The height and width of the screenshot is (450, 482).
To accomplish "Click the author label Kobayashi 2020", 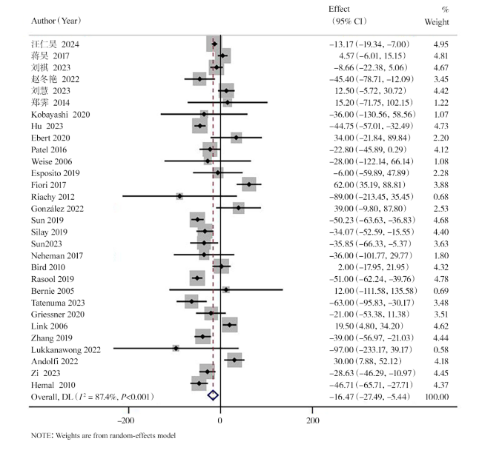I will tap(61, 115).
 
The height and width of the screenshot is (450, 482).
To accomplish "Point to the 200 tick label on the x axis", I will tap(313, 420).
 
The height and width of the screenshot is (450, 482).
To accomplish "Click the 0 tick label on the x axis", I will tap(220, 420).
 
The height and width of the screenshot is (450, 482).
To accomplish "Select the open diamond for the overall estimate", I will tap(213, 396).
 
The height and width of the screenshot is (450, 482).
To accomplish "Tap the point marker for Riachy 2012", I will tap(179, 196).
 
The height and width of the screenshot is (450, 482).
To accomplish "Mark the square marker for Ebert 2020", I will tap(236, 138).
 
